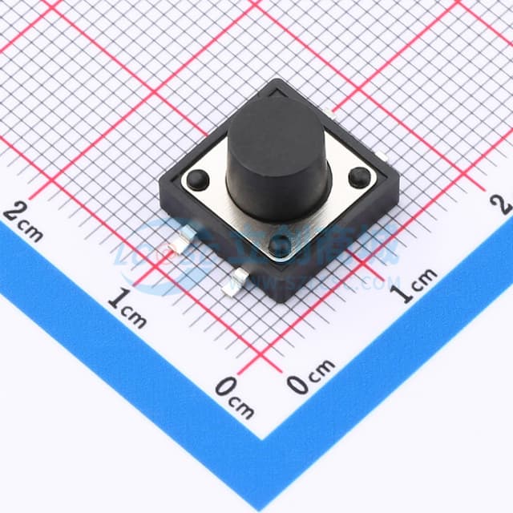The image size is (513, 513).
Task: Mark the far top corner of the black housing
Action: (x=277, y=83)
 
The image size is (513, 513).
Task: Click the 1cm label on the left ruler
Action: (x=127, y=309)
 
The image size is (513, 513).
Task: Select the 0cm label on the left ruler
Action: (x=234, y=397)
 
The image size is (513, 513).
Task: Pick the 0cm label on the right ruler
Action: (x=311, y=376)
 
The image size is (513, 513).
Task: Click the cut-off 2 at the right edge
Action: (x=505, y=202)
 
